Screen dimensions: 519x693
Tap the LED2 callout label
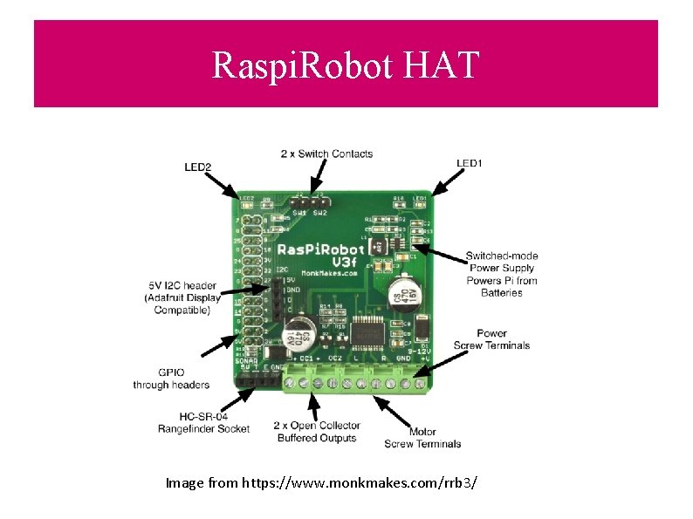coord(198,166)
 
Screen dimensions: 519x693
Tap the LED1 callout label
coord(470,163)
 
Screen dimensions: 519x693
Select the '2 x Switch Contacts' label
coord(326,154)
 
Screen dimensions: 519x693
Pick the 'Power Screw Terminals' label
coord(491,338)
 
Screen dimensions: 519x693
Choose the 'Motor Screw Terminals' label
coord(422,438)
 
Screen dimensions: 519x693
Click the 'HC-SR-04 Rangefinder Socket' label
coord(203,422)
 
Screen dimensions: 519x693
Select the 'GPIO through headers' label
coord(171,379)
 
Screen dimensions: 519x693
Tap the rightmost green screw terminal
coord(422,381)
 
